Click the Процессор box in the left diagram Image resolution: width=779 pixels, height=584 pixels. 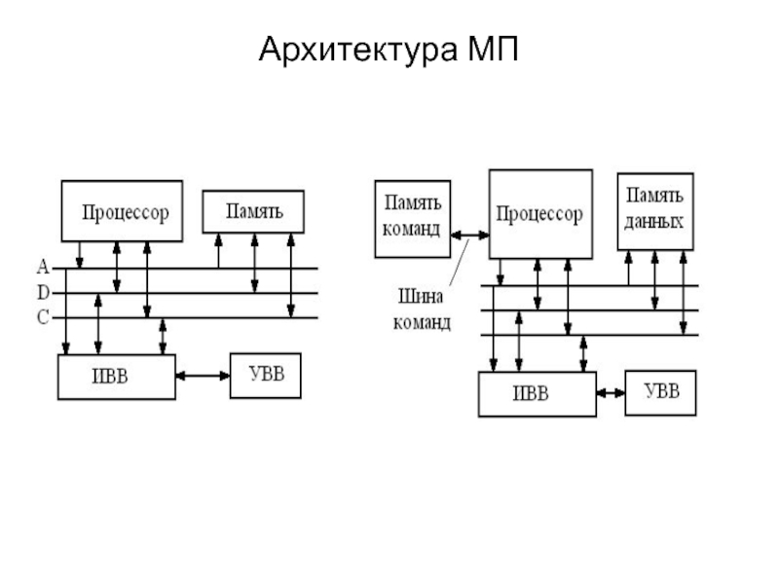pos(122,210)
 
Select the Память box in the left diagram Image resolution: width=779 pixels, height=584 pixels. pos(253,211)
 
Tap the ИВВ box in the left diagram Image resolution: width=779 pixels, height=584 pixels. pos(117,377)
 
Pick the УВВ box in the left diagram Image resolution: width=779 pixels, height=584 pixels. pos(266,375)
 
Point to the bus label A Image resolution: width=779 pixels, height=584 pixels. pos(43,266)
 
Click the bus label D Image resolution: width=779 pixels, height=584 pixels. pos(43,292)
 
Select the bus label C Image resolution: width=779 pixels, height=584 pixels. pos(43,317)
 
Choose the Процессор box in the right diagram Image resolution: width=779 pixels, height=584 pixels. pos(539,214)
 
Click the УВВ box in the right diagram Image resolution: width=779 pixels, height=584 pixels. pos(661,392)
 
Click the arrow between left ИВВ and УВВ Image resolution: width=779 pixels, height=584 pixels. pos(203,375)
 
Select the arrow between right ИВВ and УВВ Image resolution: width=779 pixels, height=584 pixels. pos(611,393)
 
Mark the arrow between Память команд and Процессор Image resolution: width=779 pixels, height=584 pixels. pos(470,234)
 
